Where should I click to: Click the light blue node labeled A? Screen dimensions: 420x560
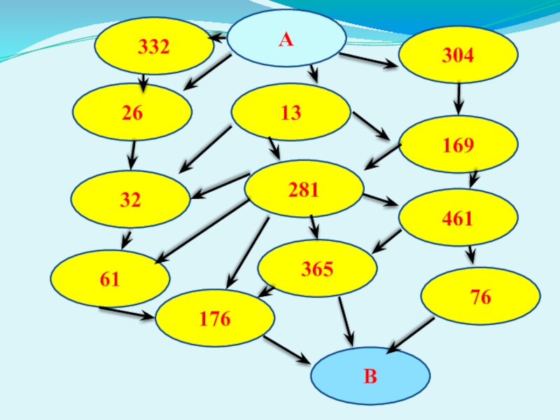(286, 39)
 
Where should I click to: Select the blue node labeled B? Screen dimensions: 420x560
(370, 377)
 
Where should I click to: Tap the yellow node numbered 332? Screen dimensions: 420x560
(154, 46)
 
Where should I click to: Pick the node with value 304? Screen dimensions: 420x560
(458, 55)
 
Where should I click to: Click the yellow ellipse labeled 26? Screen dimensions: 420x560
(132, 112)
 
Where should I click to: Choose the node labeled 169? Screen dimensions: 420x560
(458, 145)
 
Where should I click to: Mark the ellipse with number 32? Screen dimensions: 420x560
(131, 200)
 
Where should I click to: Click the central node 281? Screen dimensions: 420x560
(304, 188)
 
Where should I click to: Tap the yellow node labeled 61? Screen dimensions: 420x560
(111, 279)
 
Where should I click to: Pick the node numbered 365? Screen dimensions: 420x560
(317, 268)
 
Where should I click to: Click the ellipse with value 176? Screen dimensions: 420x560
(214, 318)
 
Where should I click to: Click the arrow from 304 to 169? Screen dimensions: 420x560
(458, 99)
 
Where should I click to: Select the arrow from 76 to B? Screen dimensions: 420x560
(411, 335)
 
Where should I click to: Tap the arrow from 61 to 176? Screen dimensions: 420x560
(126, 312)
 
